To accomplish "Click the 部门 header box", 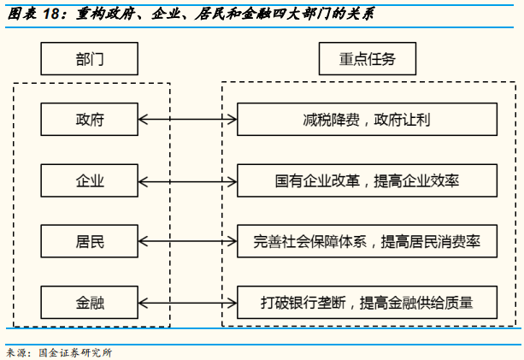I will click(89, 60).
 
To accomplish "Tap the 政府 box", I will click(89, 119).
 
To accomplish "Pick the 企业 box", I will click(89, 180).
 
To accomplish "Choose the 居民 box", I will click(89, 241).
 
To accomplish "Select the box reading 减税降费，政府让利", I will click(366, 119).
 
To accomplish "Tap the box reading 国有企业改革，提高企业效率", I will click(366, 180).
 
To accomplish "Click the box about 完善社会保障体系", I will click(366, 241).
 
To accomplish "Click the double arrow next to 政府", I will click(186, 119).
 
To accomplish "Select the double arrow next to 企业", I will click(186, 180).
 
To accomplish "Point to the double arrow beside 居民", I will click(186, 241).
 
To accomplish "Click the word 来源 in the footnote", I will click(15, 352).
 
